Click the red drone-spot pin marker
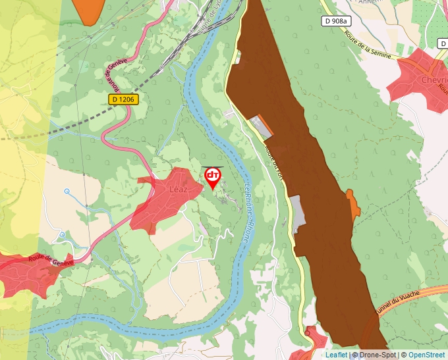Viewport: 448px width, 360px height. tap(213, 176)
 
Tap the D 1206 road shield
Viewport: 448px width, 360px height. tap(123, 99)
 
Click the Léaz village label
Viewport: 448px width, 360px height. tap(179, 190)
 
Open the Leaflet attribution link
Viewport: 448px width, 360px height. tap(336, 355)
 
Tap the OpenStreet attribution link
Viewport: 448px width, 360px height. tap(427, 355)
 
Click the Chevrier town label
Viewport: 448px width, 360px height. tap(434, 80)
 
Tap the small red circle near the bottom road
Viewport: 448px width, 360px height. tap(307, 334)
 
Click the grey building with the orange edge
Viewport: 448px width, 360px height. tap(262, 126)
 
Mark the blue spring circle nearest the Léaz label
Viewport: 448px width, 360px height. tap(67, 192)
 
